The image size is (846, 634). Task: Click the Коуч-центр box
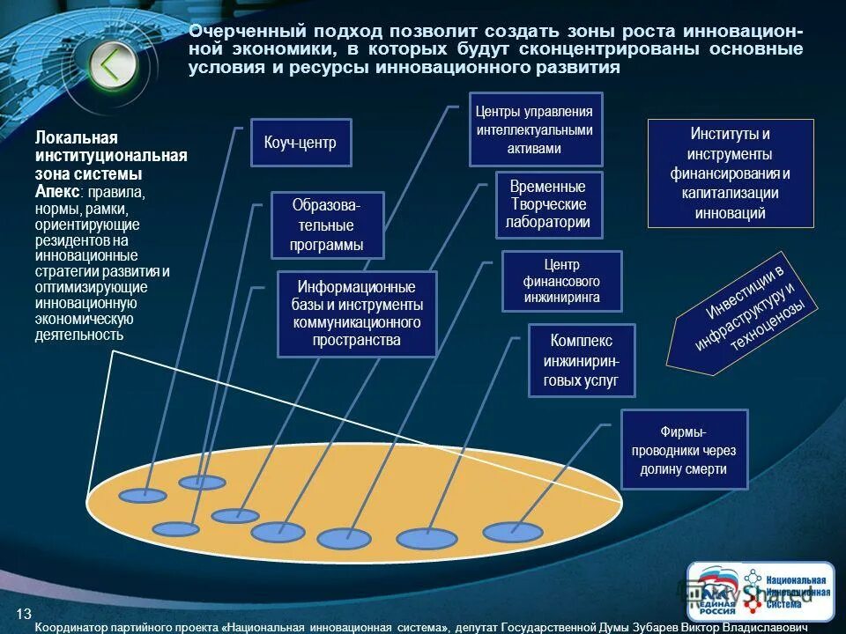[x=301, y=143]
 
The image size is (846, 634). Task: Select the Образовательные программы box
[x=327, y=225]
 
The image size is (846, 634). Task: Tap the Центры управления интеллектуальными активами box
[x=535, y=129]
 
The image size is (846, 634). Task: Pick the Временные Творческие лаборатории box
[x=548, y=204]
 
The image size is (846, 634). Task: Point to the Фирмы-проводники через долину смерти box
[x=684, y=449]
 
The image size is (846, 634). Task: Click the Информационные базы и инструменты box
[x=356, y=313]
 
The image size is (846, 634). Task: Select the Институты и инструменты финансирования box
[x=731, y=173]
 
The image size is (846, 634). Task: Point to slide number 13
[x=24, y=613]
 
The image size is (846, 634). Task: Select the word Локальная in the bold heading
[x=76, y=138]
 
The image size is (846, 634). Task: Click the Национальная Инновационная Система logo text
[x=796, y=592]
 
